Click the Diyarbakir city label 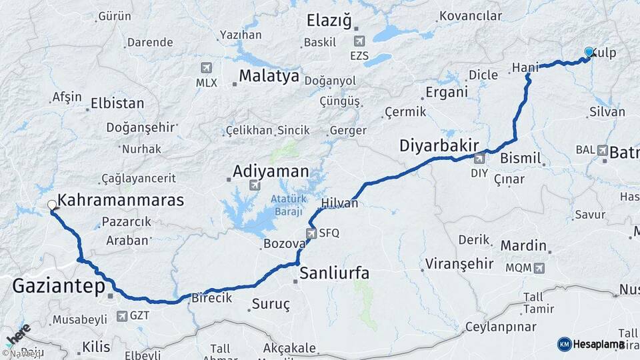(441, 145)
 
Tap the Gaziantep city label (59, 287)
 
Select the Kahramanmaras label (121, 199)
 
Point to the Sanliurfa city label (335, 273)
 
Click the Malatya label (269, 76)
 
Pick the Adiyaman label (271, 172)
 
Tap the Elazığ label (329, 21)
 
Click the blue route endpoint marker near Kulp (589, 51)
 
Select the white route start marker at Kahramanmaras (51, 205)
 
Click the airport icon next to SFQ (311, 233)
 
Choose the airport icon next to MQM (539, 268)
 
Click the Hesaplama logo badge (591, 344)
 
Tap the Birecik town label (211, 298)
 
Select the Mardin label (523, 246)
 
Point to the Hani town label (525, 67)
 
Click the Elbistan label (117, 103)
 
